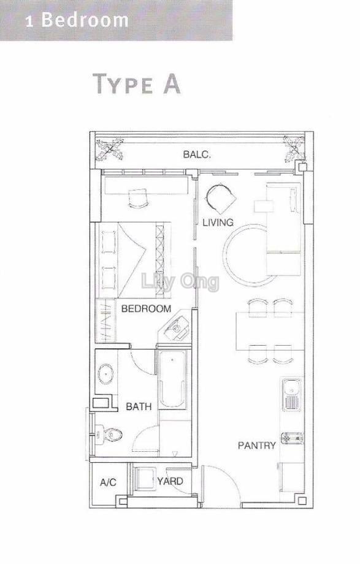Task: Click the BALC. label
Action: [x=196, y=154]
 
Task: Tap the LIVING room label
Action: [x=218, y=223]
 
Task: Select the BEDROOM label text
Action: [x=146, y=308]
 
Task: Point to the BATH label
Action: [x=138, y=406]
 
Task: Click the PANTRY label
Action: [x=256, y=445]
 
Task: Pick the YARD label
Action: [x=170, y=481]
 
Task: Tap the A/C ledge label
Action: [x=108, y=482]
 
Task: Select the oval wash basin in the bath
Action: [x=106, y=374]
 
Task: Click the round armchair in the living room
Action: [x=220, y=199]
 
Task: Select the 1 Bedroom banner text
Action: [x=77, y=20]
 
